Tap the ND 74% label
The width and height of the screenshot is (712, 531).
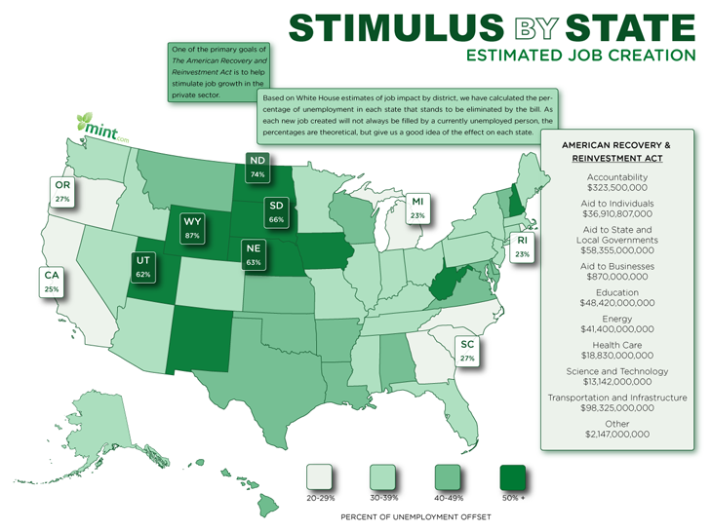(x=257, y=167)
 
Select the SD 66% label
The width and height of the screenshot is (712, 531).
(x=276, y=212)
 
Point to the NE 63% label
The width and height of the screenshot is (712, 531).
(x=253, y=254)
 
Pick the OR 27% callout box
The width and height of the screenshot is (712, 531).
(x=63, y=191)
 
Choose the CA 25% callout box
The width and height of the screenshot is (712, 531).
(x=52, y=283)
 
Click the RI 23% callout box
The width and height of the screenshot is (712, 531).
(x=522, y=247)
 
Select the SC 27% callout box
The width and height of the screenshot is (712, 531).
(x=467, y=351)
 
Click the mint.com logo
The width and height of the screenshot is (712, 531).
(x=102, y=127)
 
